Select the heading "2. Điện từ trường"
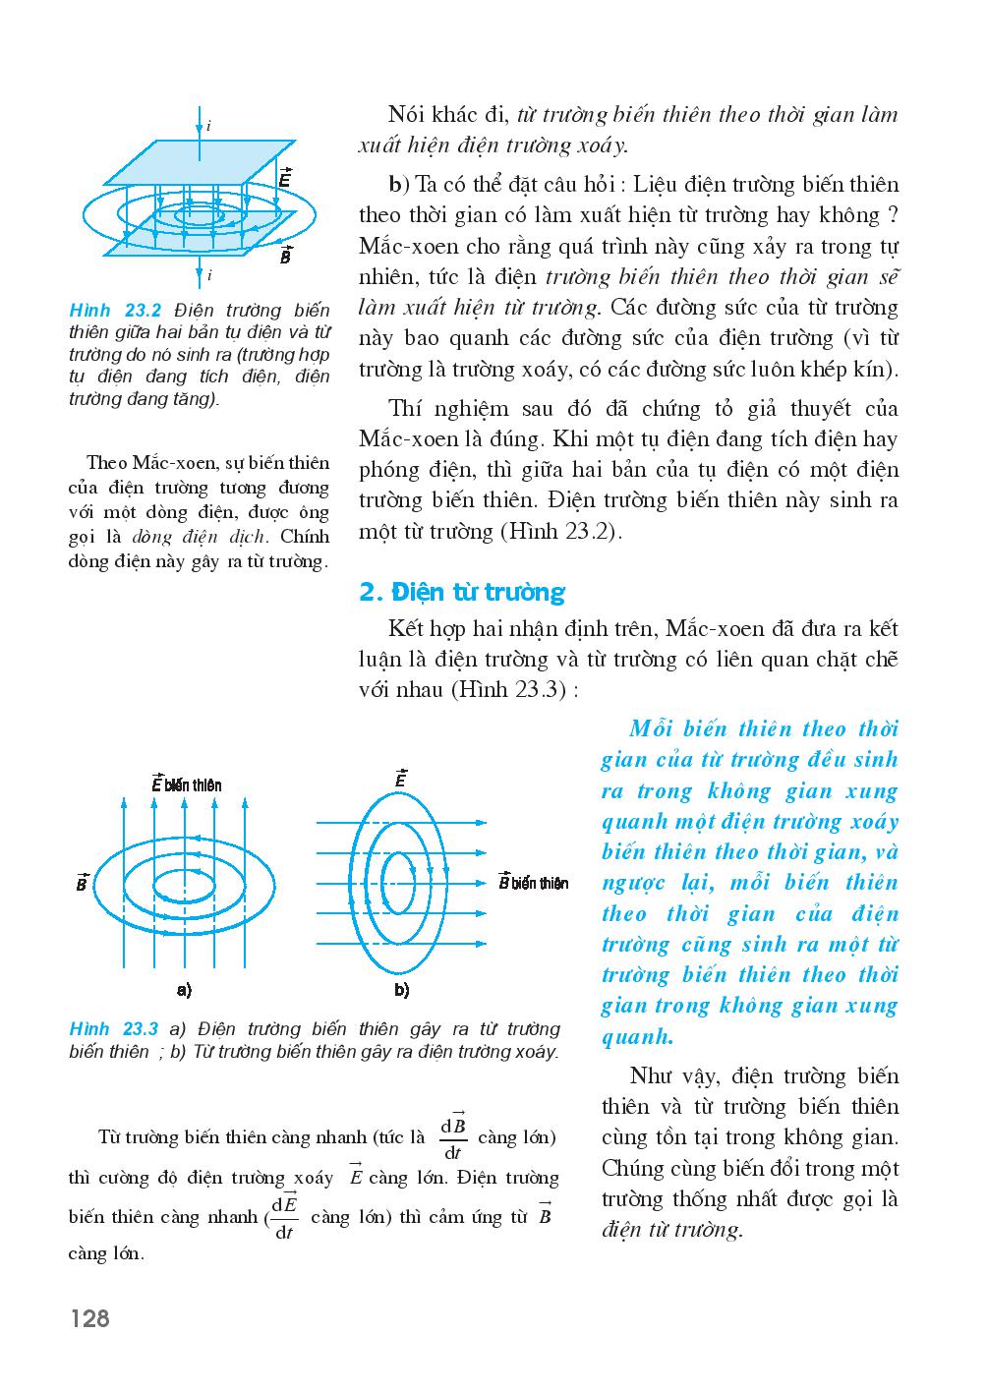point(462,592)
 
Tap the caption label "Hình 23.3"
point(114,1029)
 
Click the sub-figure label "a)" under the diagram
point(184,989)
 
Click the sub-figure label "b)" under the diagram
point(401,989)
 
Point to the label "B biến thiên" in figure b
point(534,882)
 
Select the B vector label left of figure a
point(83,882)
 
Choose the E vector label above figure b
point(401,778)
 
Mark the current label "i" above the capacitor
point(208,126)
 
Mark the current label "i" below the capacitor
point(208,275)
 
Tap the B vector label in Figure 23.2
point(285,256)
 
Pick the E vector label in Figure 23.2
point(284,178)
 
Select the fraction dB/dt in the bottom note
point(453,1138)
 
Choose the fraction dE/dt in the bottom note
point(284,1218)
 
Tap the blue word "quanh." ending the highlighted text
point(637,1036)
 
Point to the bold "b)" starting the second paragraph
point(397,185)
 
